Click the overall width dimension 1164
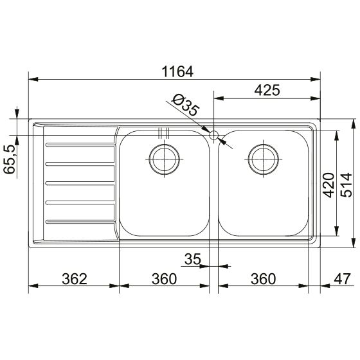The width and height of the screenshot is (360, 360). tap(177, 71)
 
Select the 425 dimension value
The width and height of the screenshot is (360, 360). tap(267, 90)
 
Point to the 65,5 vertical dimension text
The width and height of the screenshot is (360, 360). tap(10, 159)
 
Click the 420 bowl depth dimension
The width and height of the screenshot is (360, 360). tap(328, 185)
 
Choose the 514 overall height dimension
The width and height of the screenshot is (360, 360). tap(346, 185)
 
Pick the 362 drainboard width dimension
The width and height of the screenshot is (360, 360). tap(75, 279)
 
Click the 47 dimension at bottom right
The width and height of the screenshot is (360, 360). tap(342, 279)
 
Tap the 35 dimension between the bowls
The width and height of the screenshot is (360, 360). tap(193, 259)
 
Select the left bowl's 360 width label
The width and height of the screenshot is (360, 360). tap(164, 279)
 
